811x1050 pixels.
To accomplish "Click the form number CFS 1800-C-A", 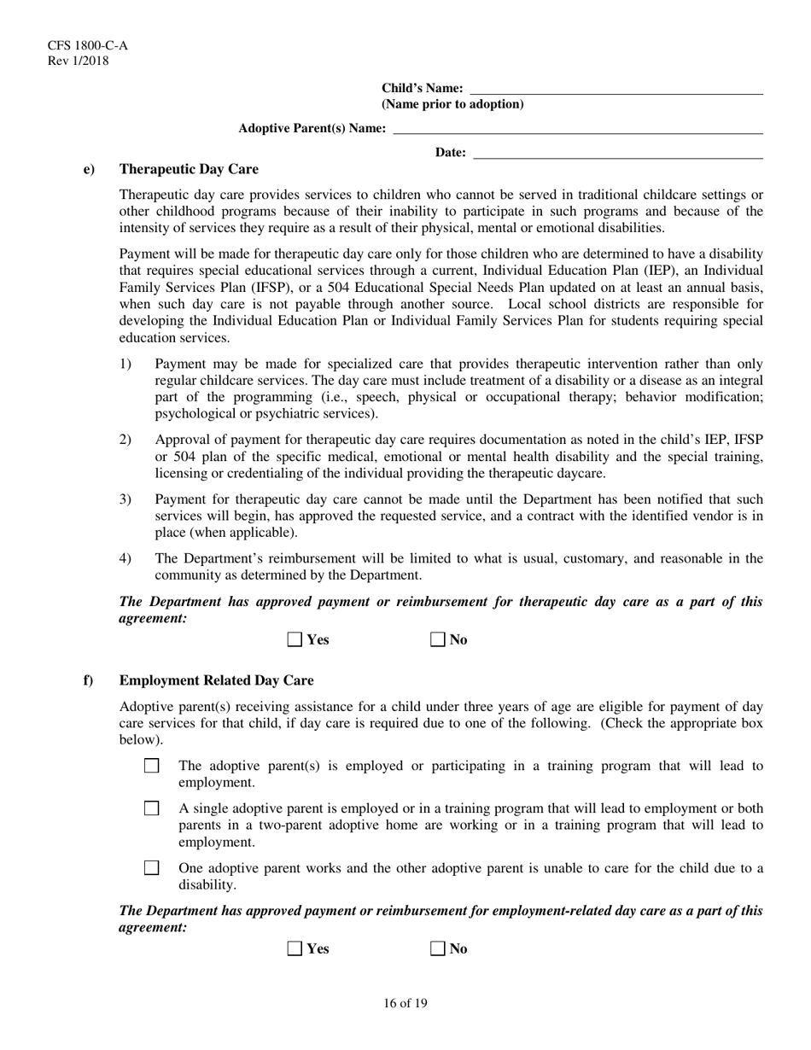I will click(x=76, y=45).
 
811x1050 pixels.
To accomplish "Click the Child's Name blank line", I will click(x=616, y=89).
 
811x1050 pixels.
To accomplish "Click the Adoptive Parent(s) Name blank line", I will click(x=577, y=129).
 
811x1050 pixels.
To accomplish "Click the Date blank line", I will click(x=617, y=154).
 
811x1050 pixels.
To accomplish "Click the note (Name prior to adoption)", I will click(x=452, y=104).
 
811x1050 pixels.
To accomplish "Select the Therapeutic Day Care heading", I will click(x=189, y=169).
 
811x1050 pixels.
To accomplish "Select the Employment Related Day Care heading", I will click(x=216, y=680).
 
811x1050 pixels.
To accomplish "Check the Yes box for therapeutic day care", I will click(x=295, y=640).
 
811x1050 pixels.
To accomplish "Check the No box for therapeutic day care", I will click(x=438, y=640).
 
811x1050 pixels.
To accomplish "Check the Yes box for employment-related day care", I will click(x=295, y=948).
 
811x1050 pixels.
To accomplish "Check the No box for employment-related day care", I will click(x=438, y=948).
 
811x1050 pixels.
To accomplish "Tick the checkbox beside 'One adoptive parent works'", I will click(x=152, y=868).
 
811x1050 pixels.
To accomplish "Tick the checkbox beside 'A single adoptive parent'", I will click(x=152, y=808).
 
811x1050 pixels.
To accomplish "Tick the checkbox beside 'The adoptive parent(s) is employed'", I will click(x=152, y=766).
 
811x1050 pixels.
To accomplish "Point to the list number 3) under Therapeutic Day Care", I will click(x=125, y=499).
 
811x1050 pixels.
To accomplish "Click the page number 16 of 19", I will click(x=405, y=1003).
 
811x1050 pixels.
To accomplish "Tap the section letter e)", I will click(x=89, y=169).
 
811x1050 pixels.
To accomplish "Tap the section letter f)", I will click(x=88, y=680).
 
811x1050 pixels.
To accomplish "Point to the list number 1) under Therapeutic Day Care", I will click(x=125, y=364).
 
